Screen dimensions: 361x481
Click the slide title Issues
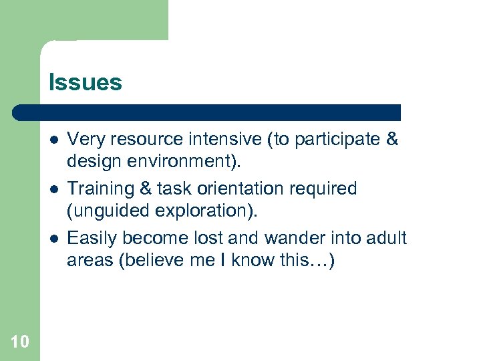tap(85, 83)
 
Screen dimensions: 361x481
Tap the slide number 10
tap(20, 342)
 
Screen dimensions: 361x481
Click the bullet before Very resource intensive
tap(53, 140)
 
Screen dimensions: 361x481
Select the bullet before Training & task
tap(53, 189)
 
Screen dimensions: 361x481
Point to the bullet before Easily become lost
tap(53, 238)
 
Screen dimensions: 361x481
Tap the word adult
tap(385, 239)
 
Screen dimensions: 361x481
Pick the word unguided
tap(104, 211)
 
